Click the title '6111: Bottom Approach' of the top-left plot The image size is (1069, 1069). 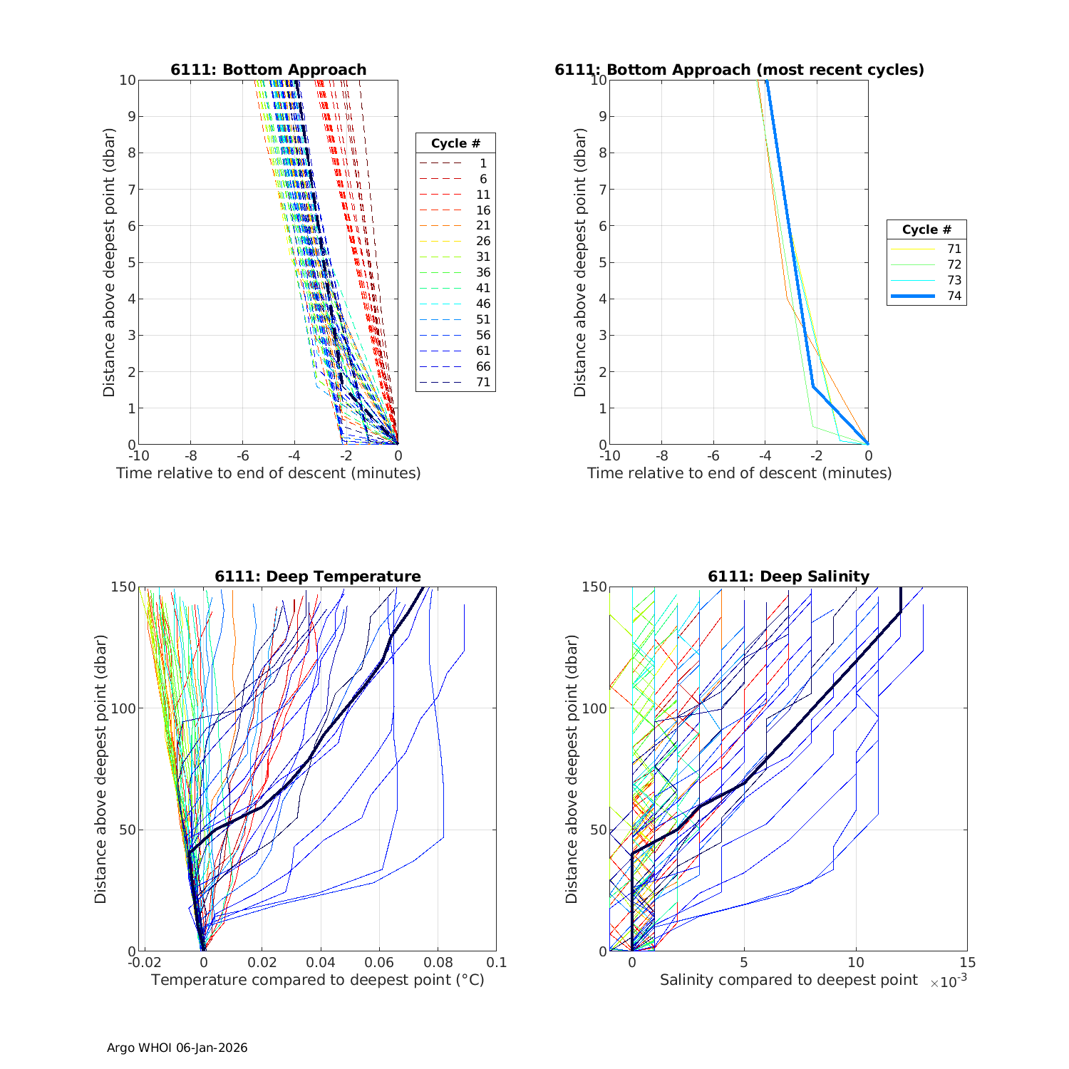[x=268, y=70]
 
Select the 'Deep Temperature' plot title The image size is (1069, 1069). [x=318, y=577]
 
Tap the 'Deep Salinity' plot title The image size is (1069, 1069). [x=788, y=577]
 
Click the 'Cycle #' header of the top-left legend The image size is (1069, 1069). [x=455, y=143]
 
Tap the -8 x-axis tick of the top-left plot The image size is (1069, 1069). [x=191, y=455]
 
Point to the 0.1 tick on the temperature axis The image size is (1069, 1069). [x=497, y=962]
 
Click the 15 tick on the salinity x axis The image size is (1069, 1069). [x=967, y=962]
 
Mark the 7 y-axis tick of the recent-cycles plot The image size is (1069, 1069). [x=603, y=190]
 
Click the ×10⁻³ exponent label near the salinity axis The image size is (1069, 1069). [x=949, y=981]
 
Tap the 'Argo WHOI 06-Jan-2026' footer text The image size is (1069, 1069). [x=177, y=1048]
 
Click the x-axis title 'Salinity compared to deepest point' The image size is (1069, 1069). [x=788, y=980]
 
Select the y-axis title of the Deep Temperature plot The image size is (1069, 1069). [x=100, y=770]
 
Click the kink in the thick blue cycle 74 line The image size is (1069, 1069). [x=813, y=386]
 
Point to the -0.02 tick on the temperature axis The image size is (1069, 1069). [x=145, y=962]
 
